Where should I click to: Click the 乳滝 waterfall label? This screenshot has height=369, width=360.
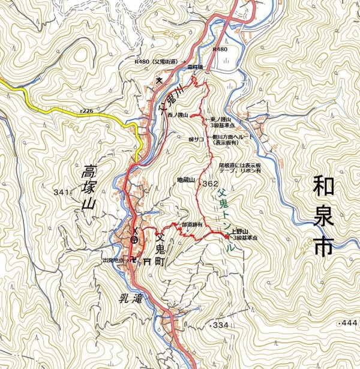pos(124,295)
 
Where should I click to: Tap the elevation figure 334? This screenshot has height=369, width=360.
pos(220,325)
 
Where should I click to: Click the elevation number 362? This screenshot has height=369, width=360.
pos(210,183)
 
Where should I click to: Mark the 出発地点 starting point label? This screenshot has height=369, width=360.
pos(113,260)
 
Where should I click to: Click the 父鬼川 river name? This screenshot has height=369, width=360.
pos(170,99)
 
